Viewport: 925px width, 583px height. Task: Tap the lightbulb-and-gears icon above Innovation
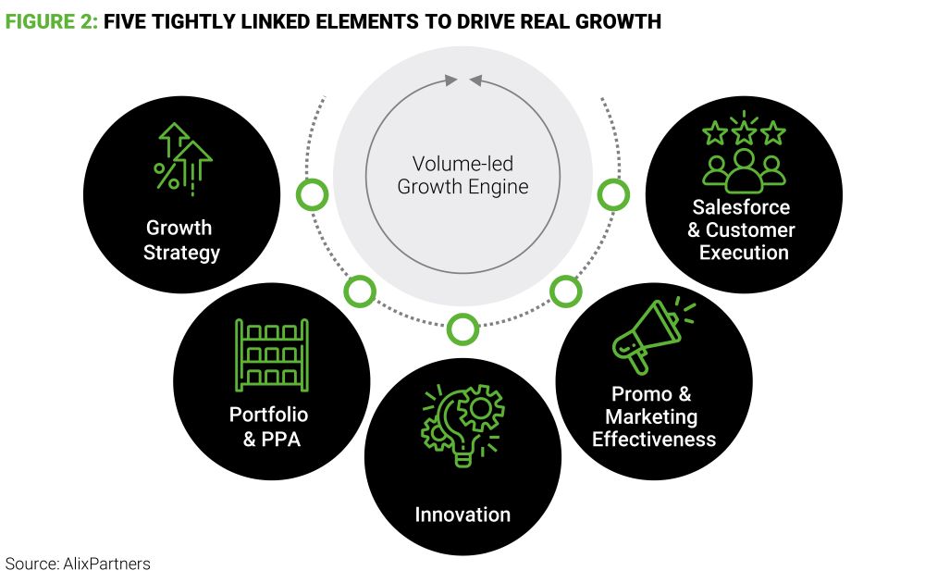coord(462,425)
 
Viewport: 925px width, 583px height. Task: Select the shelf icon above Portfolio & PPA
coord(272,354)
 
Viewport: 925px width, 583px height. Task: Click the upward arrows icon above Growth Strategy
coord(183,159)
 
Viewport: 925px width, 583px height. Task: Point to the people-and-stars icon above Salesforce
coord(744,153)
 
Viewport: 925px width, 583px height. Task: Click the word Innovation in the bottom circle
coord(462,515)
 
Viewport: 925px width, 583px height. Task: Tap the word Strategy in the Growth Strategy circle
coord(181,253)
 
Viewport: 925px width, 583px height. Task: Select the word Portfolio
coord(268,415)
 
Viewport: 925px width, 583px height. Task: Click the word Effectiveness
coord(654,439)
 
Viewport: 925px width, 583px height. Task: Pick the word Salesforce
coord(741,207)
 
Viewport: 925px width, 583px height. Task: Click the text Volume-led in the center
coord(462,164)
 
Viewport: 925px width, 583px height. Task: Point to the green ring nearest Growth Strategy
coord(312,194)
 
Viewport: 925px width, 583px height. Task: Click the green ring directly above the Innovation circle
coord(462,329)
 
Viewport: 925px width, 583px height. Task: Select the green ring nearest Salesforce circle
coord(613,194)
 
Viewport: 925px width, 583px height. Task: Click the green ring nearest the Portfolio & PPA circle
coord(360,291)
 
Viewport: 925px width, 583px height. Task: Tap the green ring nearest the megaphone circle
coord(566,291)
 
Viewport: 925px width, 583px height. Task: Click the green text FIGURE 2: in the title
coord(51,22)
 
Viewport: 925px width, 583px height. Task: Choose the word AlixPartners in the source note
coord(106,564)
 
